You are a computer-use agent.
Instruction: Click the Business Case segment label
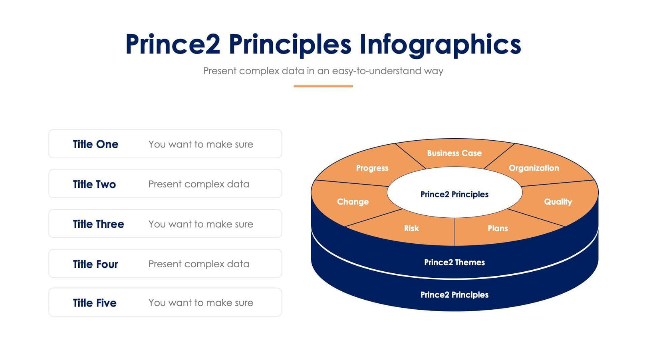coord(454,153)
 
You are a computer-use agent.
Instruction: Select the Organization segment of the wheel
coord(534,168)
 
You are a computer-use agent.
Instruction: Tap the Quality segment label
coord(558,201)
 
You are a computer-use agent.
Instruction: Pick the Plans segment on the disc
coord(498,228)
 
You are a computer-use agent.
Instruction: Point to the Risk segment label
coord(411,228)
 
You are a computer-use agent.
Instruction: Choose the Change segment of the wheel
coord(353,201)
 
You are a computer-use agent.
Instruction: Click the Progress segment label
coord(372,168)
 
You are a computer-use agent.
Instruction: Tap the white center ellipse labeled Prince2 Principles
coord(454,194)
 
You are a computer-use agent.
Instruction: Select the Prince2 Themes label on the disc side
coord(454,262)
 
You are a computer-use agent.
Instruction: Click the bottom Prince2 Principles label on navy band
coord(454,294)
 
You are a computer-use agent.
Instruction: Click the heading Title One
coord(95,144)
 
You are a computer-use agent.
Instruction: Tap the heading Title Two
coord(94,184)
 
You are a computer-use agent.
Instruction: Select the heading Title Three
coord(98,224)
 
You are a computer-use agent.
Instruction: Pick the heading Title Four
coord(95,264)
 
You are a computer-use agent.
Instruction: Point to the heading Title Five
coord(95,303)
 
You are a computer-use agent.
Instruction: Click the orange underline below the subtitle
coord(323,86)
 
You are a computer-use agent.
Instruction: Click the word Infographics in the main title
coord(440,44)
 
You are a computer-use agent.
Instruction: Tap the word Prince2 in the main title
coord(173,44)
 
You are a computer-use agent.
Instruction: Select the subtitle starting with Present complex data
coord(323,71)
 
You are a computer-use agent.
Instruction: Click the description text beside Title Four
coord(198,264)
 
